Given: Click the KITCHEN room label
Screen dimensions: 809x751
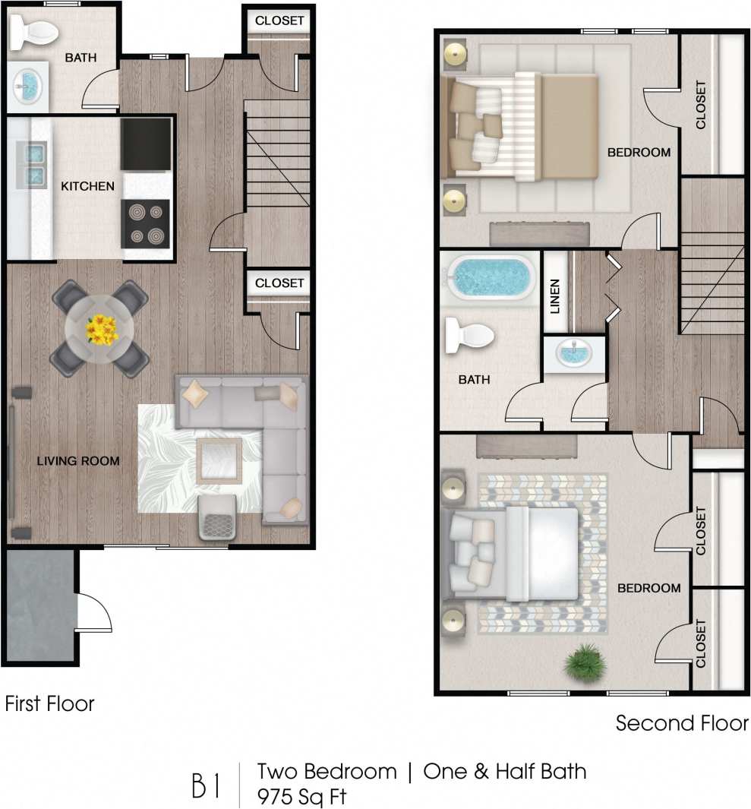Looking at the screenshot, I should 87,186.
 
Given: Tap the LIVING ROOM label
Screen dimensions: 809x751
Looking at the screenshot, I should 79,460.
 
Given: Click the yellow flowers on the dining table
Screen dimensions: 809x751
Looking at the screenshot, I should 100,329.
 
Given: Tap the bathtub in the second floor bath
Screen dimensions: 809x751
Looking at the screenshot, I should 490,278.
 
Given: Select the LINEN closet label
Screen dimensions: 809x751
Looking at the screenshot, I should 555,295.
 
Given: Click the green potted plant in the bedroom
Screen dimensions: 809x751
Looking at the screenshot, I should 585,661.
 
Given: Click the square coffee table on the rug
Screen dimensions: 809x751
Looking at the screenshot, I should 219,460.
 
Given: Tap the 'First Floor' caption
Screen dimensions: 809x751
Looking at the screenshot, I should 50,703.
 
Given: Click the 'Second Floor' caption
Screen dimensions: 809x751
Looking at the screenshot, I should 682,723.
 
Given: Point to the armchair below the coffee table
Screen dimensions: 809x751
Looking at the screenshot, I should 217,520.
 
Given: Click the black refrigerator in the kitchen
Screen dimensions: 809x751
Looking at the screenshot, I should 146,143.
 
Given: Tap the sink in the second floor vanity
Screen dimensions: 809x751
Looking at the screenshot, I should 574,353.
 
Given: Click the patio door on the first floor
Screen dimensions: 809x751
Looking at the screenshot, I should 94,612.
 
